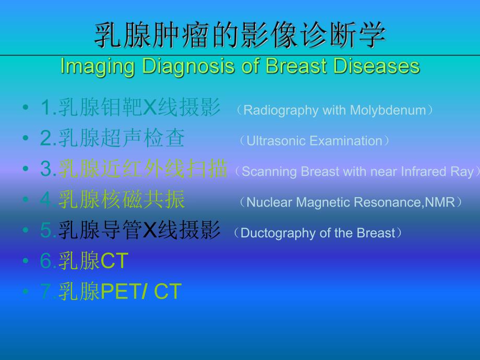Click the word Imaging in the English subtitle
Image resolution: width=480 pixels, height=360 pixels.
point(89,66)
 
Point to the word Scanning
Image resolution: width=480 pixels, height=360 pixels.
point(266,172)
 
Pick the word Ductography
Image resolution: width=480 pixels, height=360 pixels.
point(273,233)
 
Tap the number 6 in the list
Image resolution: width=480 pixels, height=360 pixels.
point(45,261)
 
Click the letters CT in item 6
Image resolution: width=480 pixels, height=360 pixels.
point(114,261)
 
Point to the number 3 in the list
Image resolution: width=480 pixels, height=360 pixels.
point(45,170)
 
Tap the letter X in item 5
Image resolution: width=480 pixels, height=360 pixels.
point(150,231)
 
